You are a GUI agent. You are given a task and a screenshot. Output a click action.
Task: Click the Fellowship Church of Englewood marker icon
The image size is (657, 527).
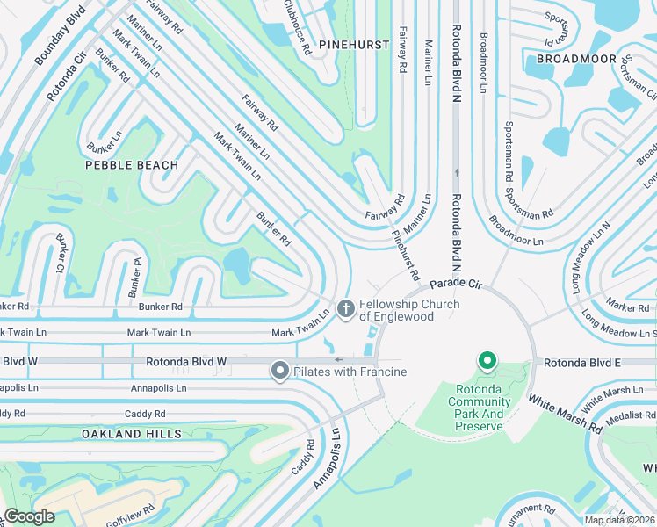345,308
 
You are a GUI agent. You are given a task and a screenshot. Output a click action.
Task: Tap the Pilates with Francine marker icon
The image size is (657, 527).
280,372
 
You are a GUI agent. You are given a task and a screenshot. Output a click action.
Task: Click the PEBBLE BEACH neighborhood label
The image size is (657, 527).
132,165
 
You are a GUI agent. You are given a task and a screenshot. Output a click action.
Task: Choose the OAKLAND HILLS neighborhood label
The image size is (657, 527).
132,434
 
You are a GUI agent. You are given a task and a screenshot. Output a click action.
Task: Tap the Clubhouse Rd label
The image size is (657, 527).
296,26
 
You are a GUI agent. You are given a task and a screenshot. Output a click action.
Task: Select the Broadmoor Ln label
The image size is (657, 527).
516,230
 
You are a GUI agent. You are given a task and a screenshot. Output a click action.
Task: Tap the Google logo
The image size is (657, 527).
29,516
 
